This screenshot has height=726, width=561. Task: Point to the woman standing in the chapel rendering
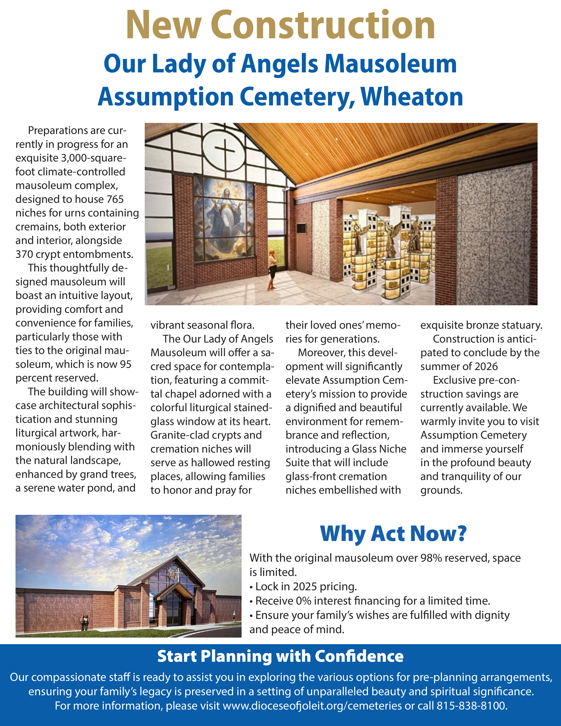(x=272, y=269)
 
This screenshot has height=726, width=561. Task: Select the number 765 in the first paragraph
(x=115, y=199)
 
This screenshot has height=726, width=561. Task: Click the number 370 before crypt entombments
(x=24, y=254)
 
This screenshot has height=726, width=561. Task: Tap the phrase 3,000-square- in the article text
(x=93, y=158)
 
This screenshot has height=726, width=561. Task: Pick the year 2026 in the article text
(x=486, y=366)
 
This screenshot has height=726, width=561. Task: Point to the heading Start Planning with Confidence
(x=280, y=656)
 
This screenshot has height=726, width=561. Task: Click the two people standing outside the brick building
(x=85, y=623)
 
